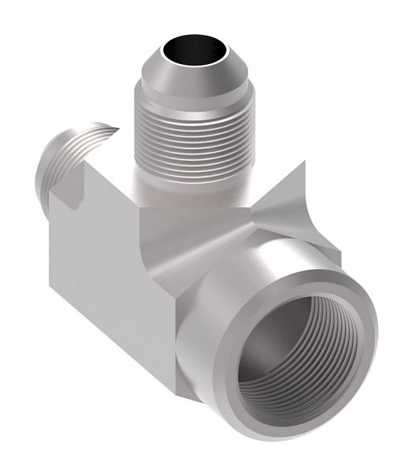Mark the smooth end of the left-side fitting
tap(55, 159)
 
